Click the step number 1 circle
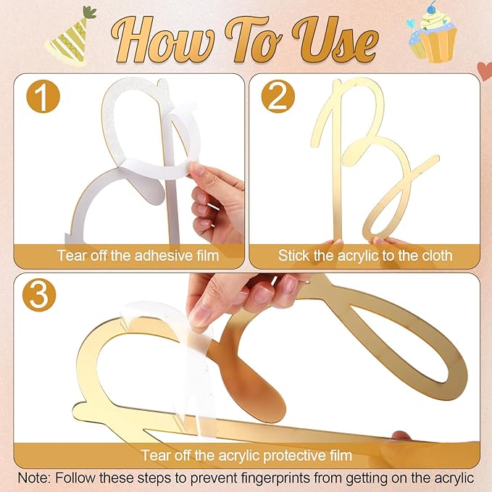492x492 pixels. [x=43, y=97]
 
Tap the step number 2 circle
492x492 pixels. [x=278, y=96]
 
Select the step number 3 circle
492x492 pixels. [x=39, y=295]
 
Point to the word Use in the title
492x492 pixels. [x=335, y=39]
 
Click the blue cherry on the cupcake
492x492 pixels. [x=432, y=9]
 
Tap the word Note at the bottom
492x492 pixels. [x=34, y=478]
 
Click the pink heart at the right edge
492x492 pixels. [x=485, y=70]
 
